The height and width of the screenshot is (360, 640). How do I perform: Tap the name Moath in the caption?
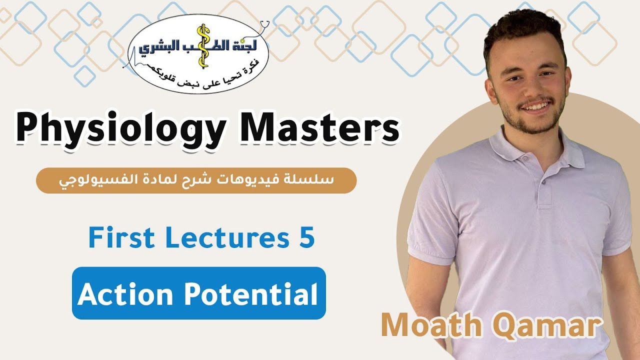click(430, 325)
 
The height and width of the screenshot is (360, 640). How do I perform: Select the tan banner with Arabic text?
click(196, 180)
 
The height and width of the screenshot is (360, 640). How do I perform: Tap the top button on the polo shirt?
click(525, 158)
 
